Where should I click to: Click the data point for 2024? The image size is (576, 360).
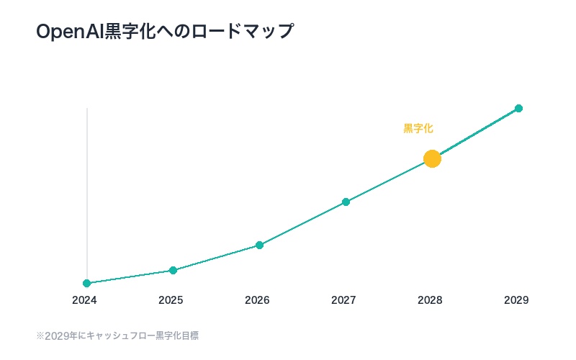point(87,283)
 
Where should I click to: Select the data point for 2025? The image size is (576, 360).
point(173,270)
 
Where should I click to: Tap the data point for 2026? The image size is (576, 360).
point(259,245)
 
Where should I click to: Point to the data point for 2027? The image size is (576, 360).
point(346,202)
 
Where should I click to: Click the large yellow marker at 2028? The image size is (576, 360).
point(432,158)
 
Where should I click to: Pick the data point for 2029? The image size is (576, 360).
point(518,108)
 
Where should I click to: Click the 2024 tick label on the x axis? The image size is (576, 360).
point(84,300)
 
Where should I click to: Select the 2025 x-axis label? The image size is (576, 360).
point(171,300)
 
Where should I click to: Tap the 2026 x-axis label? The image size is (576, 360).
point(257,300)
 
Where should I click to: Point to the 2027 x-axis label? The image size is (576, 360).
point(343,300)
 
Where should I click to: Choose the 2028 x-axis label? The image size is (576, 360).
point(430,300)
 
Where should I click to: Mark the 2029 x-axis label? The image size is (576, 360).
point(516,300)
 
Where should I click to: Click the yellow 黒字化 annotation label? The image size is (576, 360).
point(418,128)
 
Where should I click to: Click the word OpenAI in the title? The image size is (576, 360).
point(70,32)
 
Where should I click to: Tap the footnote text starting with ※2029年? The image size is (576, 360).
point(117,336)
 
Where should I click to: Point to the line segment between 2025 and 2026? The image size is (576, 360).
point(216,258)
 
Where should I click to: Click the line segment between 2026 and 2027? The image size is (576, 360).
point(302,223)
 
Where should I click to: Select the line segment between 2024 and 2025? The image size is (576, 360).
point(130,276)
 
